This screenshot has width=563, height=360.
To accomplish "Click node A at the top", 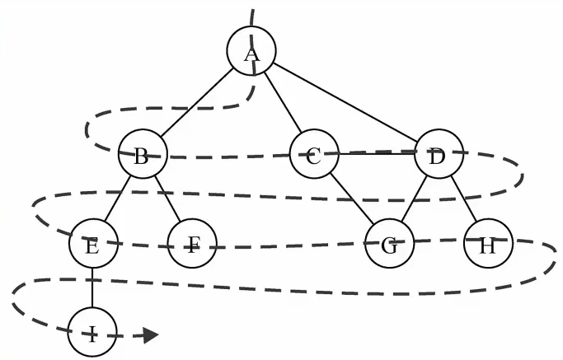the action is [x=251, y=50].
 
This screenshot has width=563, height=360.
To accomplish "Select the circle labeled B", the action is [x=143, y=153].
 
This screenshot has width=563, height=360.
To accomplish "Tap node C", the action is [x=314, y=153].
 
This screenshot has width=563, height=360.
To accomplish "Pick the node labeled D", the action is [x=439, y=153].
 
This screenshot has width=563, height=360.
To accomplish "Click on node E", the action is [x=93, y=243].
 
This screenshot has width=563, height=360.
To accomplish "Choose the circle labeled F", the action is [x=192, y=243].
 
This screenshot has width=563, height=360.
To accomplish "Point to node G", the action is [x=389, y=243].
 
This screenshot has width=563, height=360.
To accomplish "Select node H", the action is [x=488, y=243].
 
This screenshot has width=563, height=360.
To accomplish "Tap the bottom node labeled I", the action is [x=92, y=332].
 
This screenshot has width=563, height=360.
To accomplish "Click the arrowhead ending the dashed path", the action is [x=151, y=335].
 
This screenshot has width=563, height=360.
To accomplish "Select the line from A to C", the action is [x=283, y=102].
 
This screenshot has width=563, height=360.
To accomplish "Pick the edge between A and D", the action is [x=345, y=102].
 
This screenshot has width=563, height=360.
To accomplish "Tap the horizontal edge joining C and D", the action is [x=376, y=154].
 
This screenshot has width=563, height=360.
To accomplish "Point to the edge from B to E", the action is [x=118, y=199].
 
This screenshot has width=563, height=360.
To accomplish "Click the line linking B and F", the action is [x=167, y=199].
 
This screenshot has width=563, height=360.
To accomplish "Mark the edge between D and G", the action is [x=414, y=199].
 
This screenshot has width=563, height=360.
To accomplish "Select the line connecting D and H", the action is [x=463, y=199].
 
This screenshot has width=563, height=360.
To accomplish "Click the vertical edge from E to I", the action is [x=92, y=288].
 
